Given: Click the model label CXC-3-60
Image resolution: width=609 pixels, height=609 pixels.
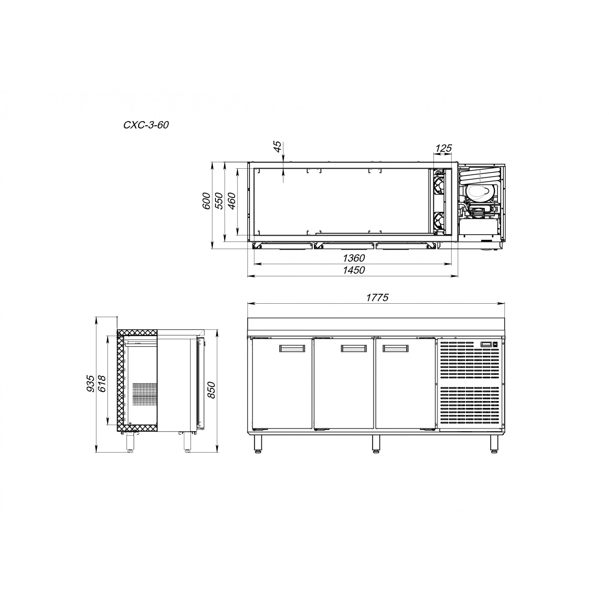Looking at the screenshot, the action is (x=146, y=125).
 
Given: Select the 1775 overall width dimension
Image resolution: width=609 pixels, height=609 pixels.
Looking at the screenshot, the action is (x=377, y=297).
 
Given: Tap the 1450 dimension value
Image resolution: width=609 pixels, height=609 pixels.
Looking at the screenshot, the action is (x=354, y=270).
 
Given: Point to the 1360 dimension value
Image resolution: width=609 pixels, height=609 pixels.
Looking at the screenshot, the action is (x=354, y=258).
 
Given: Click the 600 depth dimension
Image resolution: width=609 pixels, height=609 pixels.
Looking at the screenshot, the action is (x=206, y=201).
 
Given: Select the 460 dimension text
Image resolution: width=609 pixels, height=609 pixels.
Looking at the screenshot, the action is (x=231, y=201).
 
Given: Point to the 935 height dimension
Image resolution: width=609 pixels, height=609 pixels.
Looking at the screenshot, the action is (x=90, y=384).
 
